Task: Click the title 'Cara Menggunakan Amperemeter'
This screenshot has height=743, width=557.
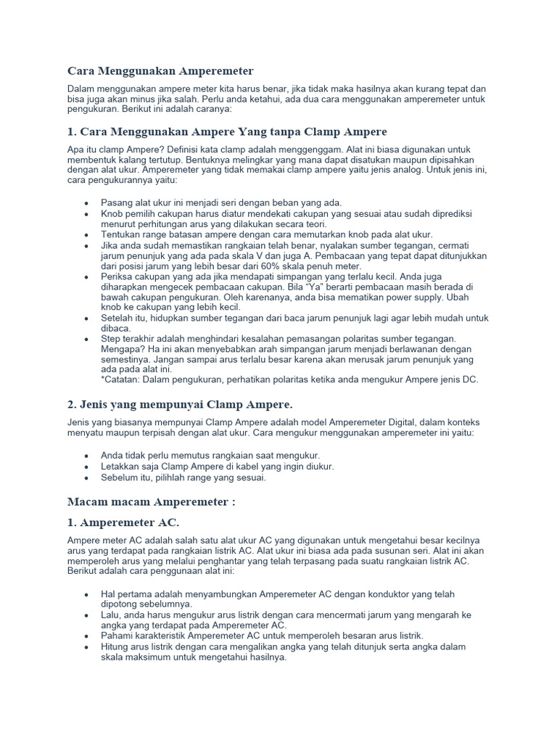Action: [160, 71]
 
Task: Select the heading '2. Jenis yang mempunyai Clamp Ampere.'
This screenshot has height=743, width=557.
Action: [180, 403]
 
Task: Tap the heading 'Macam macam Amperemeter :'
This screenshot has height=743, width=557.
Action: [152, 501]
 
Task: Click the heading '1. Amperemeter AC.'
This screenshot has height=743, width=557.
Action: [123, 522]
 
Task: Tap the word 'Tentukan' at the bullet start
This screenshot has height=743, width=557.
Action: [121, 234]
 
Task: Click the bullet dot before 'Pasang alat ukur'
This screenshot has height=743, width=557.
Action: [87, 202]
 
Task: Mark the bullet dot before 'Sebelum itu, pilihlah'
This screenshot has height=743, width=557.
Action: [87, 478]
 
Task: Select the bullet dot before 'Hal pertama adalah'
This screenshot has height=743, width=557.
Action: [87, 594]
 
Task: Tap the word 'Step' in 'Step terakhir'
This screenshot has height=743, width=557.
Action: [112, 340]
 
